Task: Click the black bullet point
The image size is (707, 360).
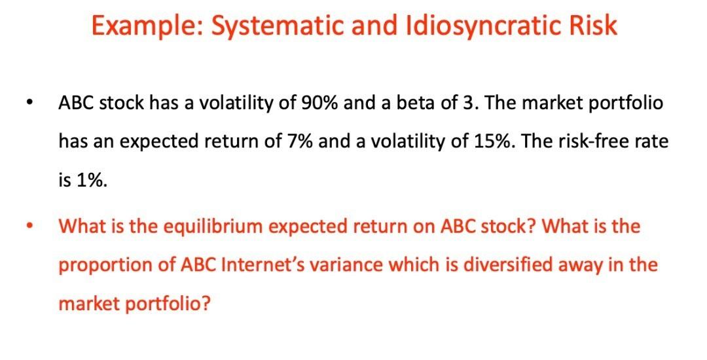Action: pos(28,103)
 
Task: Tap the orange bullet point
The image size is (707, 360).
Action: pos(28,227)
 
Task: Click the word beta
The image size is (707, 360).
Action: pos(412,103)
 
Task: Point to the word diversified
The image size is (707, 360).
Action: pos(505,265)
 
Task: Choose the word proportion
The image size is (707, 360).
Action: pos(99,266)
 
